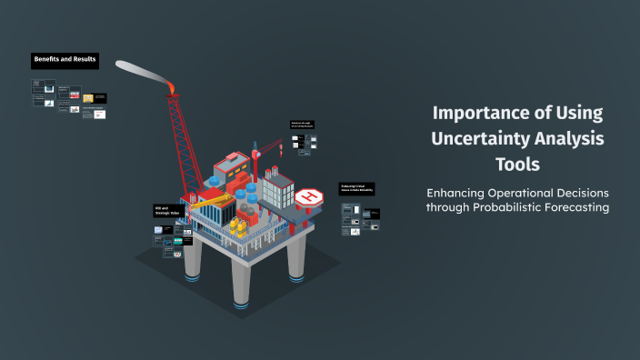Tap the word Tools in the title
[517, 165]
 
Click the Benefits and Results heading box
[65, 60]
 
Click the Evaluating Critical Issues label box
[356, 188]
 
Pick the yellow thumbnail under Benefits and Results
[88, 97]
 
